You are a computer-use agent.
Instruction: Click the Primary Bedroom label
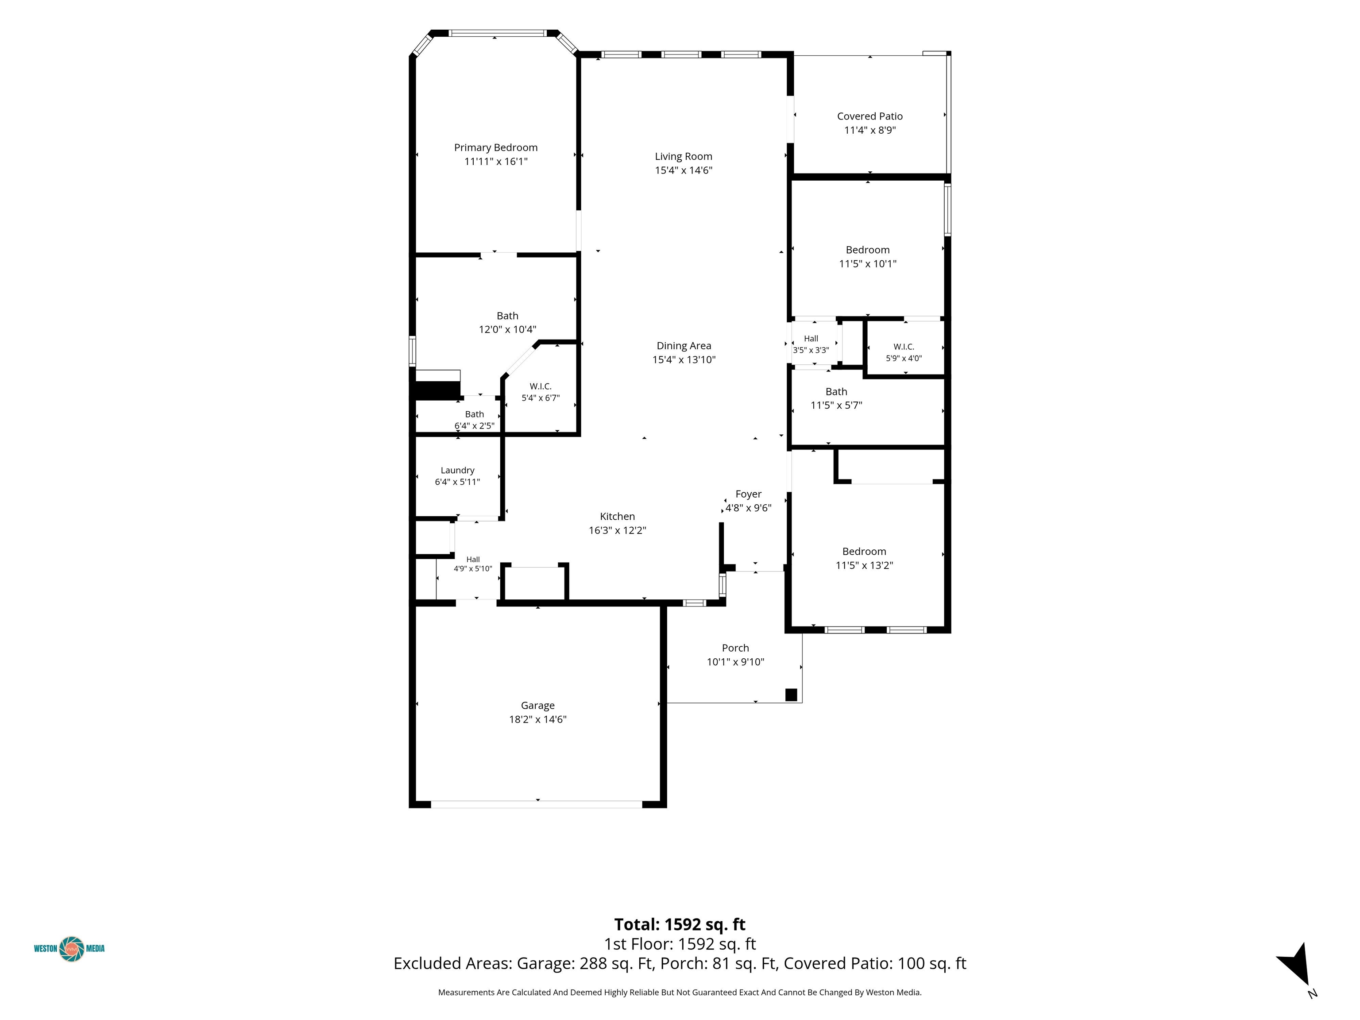coord(495,147)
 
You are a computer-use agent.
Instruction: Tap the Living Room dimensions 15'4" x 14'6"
coord(683,170)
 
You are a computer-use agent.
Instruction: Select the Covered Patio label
coord(869,116)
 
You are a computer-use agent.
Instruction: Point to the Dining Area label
coord(684,346)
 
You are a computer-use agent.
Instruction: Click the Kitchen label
coord(617,517)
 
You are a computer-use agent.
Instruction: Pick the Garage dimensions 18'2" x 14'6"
coord(537,719)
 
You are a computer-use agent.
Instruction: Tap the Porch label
coord(735,648)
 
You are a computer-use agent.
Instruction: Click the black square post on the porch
coord(791,695)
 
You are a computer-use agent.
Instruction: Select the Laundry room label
coord(457,470)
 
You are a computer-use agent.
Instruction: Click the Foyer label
coord(748,495)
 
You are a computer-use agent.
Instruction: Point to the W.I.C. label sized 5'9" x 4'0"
coord(904,347)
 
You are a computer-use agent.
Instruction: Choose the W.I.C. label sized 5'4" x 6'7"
coord(541,386)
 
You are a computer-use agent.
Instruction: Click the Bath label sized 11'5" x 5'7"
coord(836,392)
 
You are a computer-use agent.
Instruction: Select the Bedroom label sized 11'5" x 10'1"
coord(868,250)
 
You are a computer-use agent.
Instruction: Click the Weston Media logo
coord(70,949)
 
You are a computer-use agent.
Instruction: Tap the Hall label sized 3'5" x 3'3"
coord(811,339)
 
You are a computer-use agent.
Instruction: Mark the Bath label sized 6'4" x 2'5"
coord(474,414)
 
